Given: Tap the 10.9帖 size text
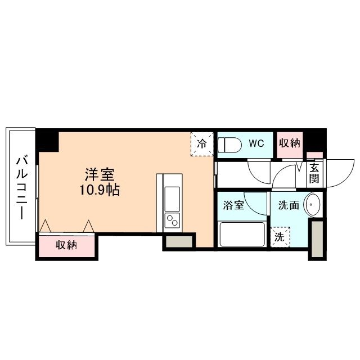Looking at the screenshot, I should pos(99,190).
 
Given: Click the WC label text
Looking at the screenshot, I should pos(256,143).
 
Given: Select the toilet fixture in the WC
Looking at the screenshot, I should pos(230,144).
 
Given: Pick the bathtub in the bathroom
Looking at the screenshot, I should pos(241,234).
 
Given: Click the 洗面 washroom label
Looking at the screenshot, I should pos(288,205).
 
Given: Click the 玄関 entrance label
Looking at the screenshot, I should pos(314,172).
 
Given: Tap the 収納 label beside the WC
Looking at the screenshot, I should pos(290,143).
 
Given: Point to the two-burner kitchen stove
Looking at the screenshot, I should pos(170,219).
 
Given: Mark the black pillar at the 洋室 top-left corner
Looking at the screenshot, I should pos(47,140).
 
